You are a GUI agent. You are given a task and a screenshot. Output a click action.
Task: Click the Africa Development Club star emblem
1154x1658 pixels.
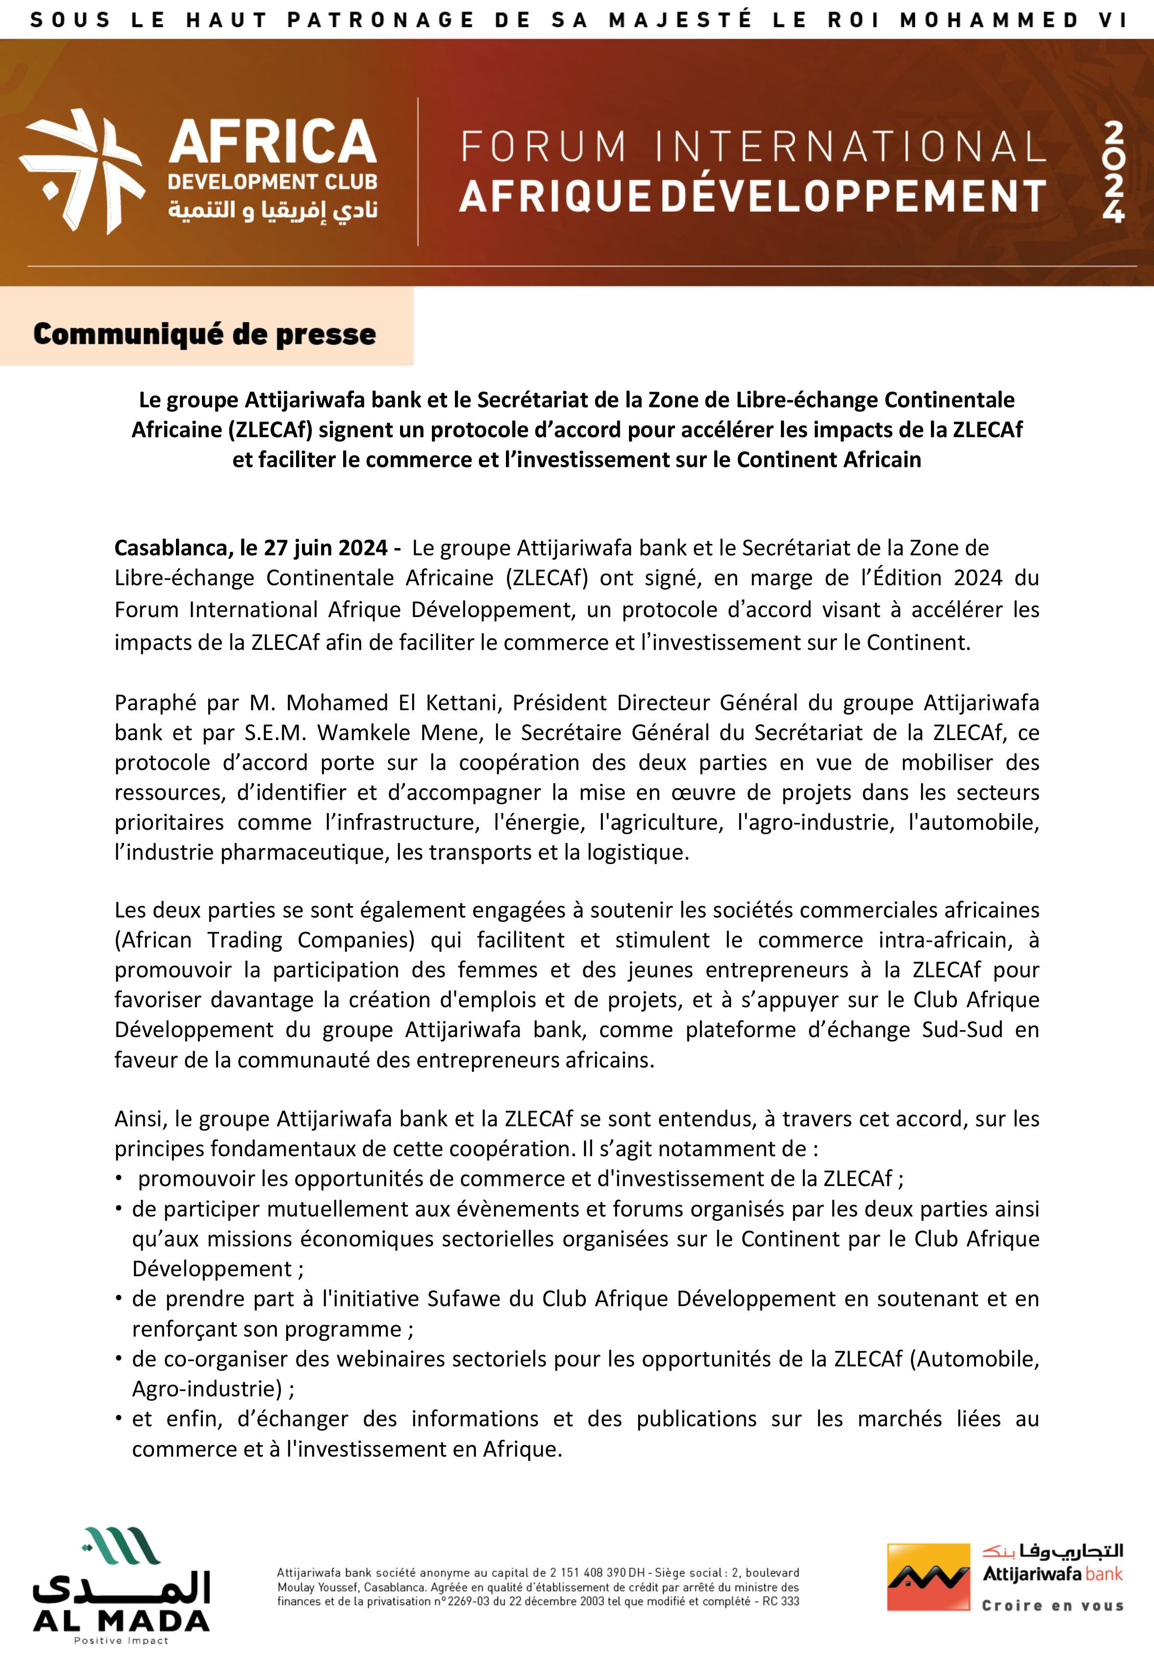pos(81,171)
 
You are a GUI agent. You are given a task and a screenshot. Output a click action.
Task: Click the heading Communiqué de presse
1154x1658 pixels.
pos(204,334)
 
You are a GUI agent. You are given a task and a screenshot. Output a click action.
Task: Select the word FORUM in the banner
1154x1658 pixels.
pos(544,147)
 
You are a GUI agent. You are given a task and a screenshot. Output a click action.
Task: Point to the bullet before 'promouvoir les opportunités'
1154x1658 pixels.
pos(118,1179)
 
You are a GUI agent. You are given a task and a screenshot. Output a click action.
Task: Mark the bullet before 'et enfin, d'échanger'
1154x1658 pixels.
pos(118,1419)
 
